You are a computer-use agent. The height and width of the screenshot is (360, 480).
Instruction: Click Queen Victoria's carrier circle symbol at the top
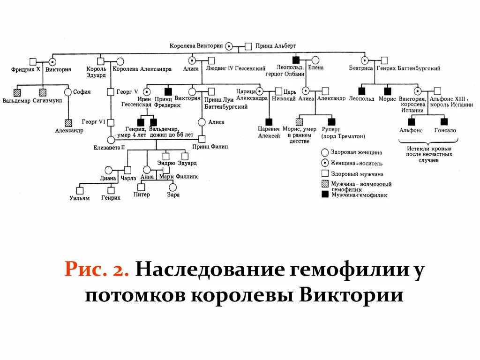[229, 46]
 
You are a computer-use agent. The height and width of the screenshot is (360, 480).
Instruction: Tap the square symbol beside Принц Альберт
[248, 46]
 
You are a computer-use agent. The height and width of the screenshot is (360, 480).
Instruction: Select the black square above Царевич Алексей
[269, 121]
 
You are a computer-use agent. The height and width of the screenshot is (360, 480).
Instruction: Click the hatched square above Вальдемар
[17, 92]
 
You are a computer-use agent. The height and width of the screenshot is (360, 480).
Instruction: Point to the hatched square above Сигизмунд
[43, 92]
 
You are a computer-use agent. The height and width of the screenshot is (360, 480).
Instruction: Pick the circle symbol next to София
[68, 92]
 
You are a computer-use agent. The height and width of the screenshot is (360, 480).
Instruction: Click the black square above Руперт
[332, 121]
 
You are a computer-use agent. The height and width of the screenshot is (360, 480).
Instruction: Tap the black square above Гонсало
[444, 121]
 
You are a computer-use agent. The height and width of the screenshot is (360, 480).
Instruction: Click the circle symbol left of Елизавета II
[111, 139]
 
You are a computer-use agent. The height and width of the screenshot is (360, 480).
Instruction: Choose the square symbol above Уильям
[80, 190]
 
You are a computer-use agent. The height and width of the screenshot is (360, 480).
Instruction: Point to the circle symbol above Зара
[172, 187]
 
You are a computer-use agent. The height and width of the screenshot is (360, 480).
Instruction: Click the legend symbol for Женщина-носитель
[324, 163]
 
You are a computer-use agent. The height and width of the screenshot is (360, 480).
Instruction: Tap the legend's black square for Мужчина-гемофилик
[324, 194]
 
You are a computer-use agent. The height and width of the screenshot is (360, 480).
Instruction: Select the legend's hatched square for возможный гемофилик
[324, 184]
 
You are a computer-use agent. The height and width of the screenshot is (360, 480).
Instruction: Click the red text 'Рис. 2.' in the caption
[98, 270]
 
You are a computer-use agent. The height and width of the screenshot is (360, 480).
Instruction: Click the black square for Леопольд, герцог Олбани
[295, 60]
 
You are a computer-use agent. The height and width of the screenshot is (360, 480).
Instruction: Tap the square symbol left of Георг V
[111, 92]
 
